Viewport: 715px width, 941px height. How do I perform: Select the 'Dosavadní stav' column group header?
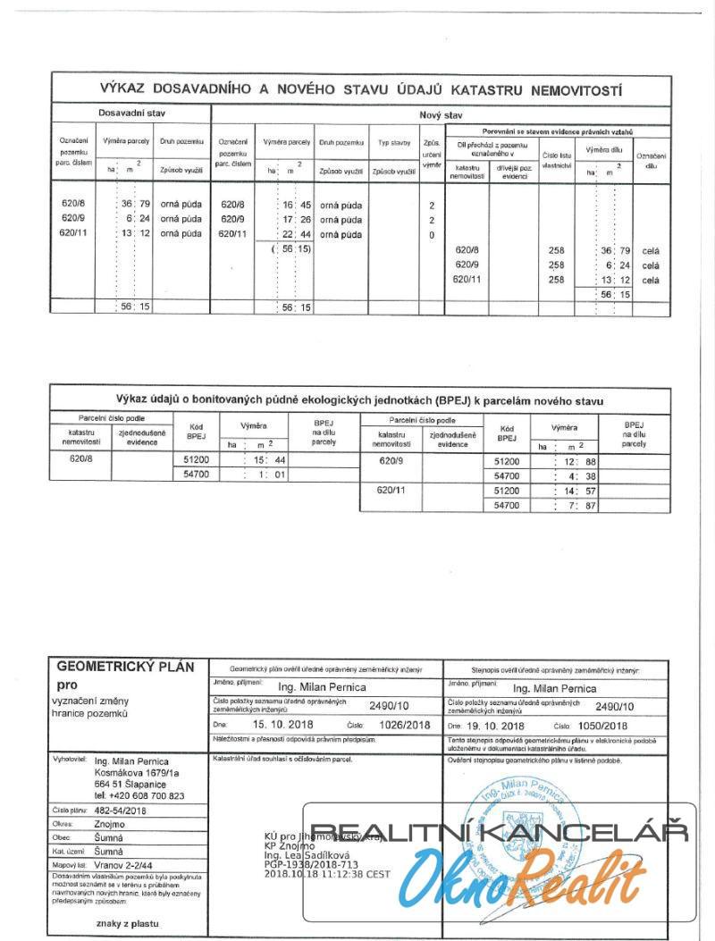(131, 114)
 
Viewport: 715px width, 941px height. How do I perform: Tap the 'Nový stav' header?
(441, 115)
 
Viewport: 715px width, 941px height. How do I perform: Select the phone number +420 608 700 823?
(139, 795)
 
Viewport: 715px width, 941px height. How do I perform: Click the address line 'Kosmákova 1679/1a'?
(137, 772)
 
